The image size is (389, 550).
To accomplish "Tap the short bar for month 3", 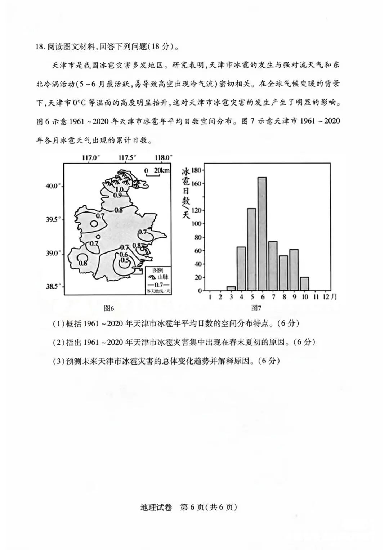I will coord(231,288).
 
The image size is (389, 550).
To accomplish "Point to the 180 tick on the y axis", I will coord(198,170).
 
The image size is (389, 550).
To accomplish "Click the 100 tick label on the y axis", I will coord(198,224).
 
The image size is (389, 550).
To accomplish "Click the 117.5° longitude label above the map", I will coord(128,158).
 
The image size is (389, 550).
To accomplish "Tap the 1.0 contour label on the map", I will coord(120,189).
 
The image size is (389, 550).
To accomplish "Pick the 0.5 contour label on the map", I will coord(124,260).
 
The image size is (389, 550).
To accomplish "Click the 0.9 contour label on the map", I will coord(117,195).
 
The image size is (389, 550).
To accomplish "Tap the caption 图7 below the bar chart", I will coord(256,308).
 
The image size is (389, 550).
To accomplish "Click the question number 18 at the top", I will coord(40,47).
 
